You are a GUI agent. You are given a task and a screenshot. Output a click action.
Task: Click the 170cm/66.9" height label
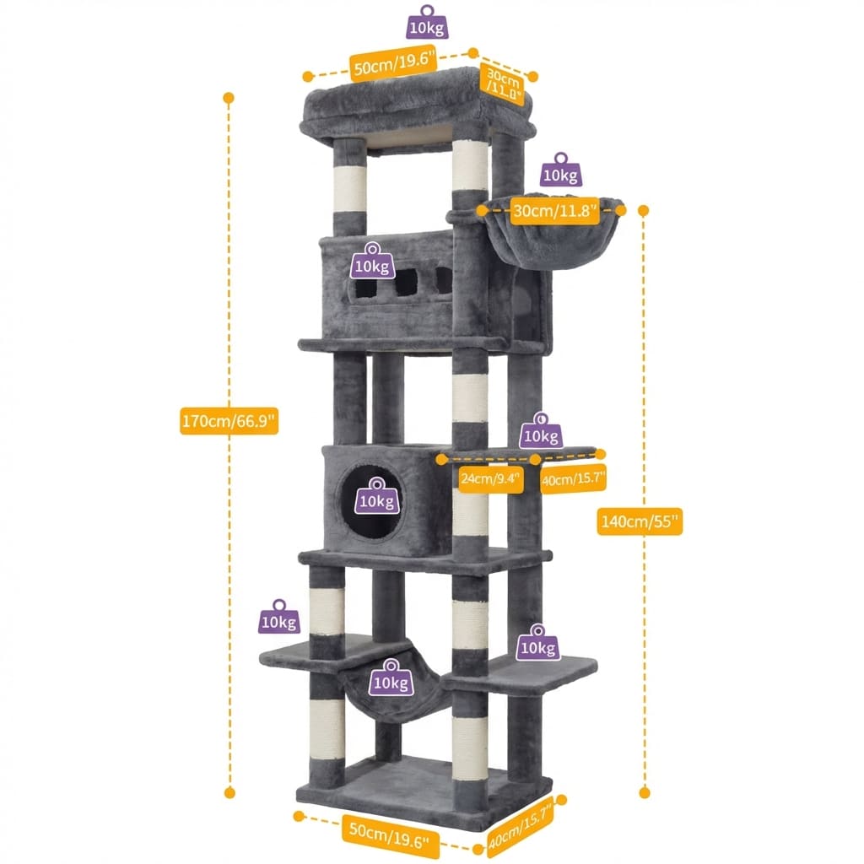click(x=229, y=419)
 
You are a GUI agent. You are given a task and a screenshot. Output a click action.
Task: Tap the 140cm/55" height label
click(x=639, y=521)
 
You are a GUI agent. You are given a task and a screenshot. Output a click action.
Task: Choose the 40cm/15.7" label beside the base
click(x=521, y=825)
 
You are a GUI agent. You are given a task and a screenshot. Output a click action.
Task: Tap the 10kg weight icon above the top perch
click(x=427, y=23)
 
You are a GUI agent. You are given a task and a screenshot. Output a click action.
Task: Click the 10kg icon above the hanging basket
click(x=559, y=170)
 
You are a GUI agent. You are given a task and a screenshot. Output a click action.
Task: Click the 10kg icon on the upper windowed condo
click(x=372, y=261)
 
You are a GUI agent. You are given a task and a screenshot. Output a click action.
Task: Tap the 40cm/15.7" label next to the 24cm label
click(x=573, y=478)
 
